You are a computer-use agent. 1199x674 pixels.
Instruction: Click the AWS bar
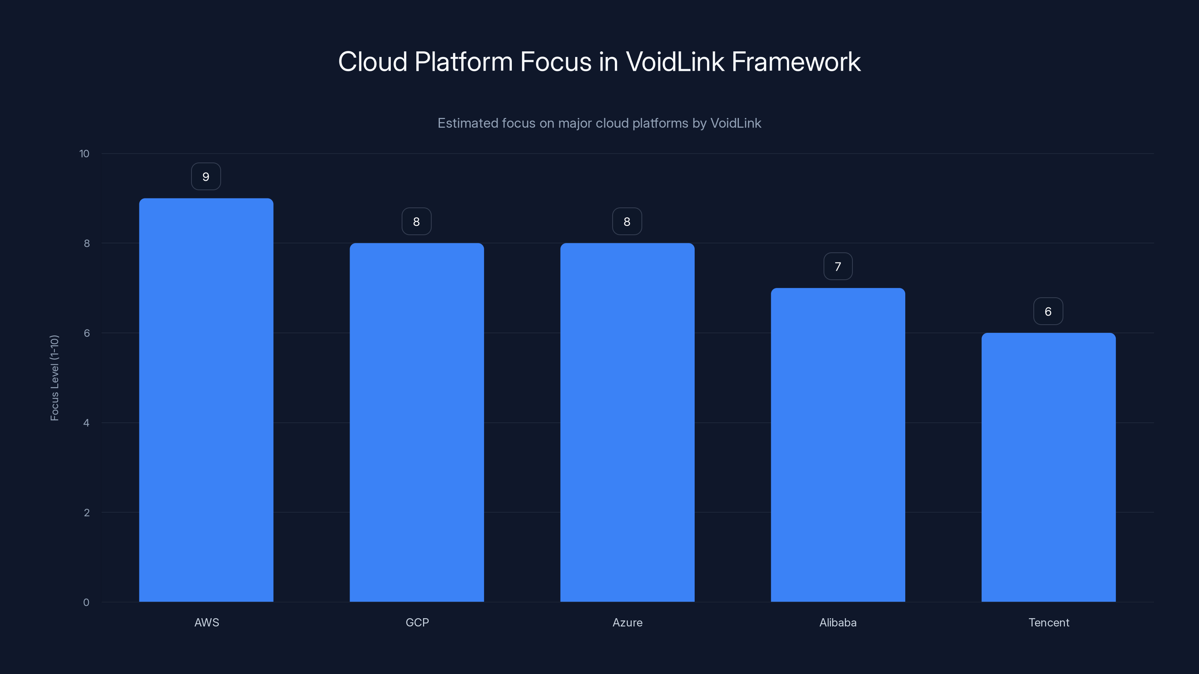tap(206, 400)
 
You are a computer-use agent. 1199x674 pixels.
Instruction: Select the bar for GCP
tap(417, 422)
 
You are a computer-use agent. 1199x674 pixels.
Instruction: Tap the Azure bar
tap(627, 422)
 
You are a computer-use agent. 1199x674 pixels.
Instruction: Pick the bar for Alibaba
tap(838, 445)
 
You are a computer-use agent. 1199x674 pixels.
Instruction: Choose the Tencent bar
tap(1048, 467)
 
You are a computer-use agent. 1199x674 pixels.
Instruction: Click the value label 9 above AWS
tap(206, 177)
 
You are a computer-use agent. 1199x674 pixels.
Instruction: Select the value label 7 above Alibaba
tap(838, 267)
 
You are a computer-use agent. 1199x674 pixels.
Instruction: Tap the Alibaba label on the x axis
tap(838, 622)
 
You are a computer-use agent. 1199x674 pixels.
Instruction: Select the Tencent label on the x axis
tap(1049, 622)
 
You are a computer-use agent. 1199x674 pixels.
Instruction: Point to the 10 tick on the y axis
tap(84, 154)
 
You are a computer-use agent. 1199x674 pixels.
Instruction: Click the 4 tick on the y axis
tap(86, 423)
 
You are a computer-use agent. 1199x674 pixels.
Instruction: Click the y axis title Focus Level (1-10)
tap(54, 378)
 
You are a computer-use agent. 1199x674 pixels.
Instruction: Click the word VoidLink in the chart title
tap(674, 61)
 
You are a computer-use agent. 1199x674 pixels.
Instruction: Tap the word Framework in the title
tap(796, 61)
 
